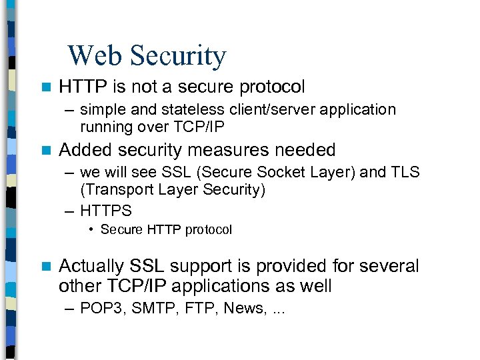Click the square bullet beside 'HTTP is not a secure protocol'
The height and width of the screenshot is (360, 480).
tap(45, 87)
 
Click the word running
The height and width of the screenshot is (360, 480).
tap(105, 126)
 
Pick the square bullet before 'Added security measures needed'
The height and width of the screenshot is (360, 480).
tap(45, 151)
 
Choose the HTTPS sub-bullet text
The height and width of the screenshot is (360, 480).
tap(106, 211)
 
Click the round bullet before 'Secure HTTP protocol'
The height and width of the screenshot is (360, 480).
tap(90, 230)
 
